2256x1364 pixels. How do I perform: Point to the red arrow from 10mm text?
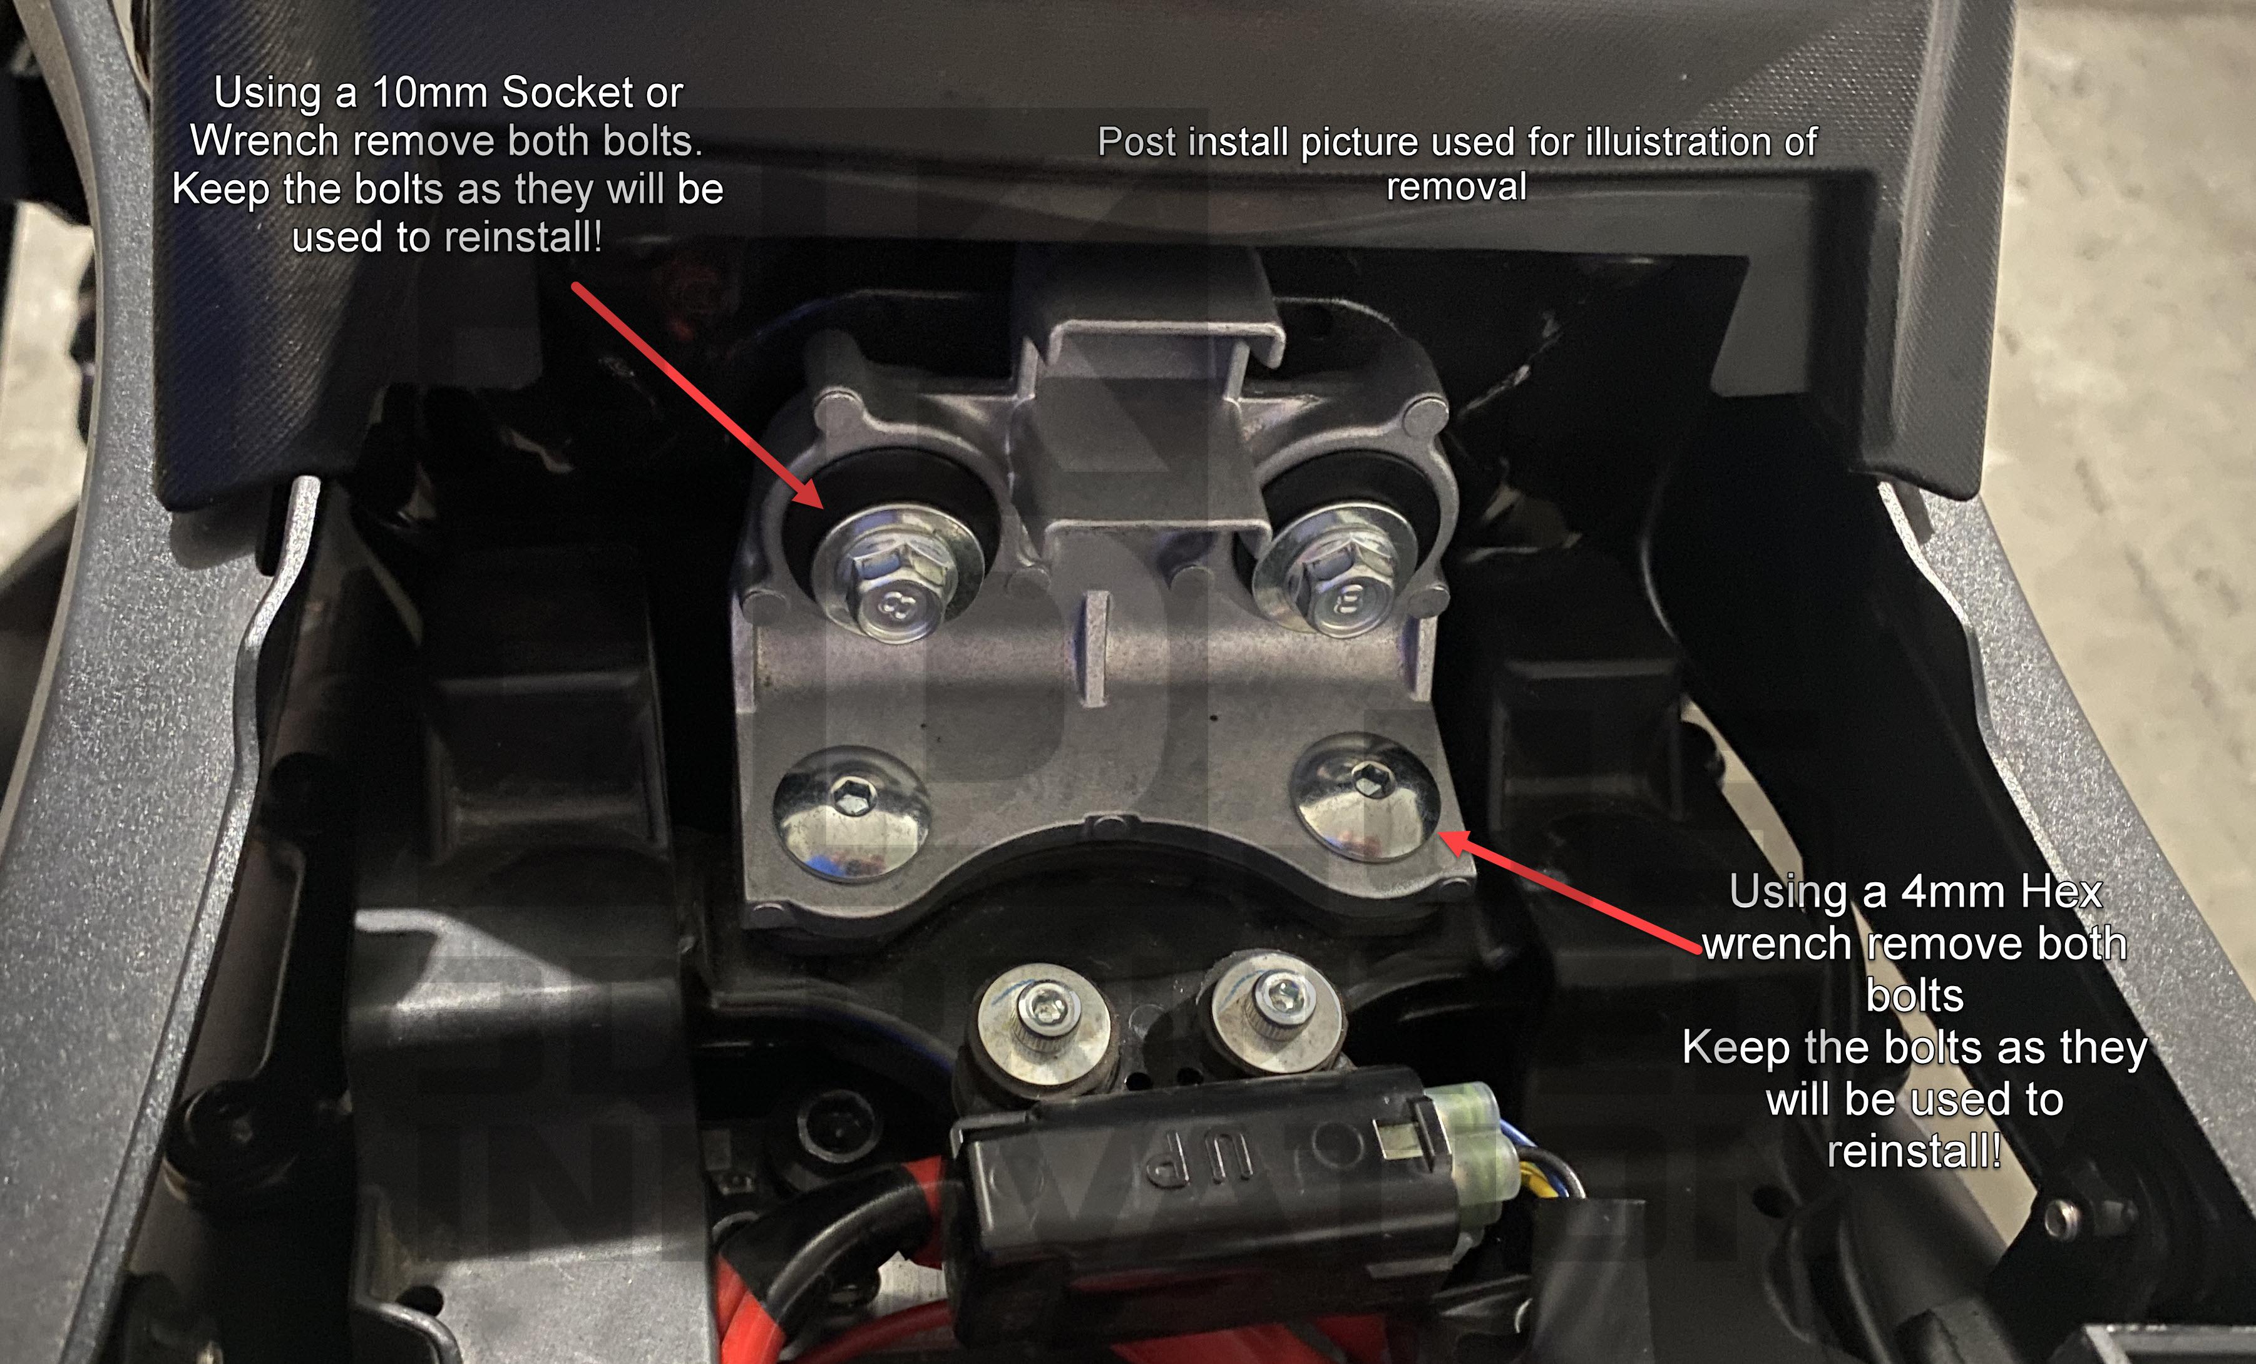(x=697, y=394)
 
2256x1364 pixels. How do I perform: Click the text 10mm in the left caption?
(x=429, y=93)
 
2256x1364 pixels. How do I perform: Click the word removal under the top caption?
(x=1456, y=186)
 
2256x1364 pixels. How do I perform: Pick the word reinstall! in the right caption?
(x=1914, y=1151)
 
